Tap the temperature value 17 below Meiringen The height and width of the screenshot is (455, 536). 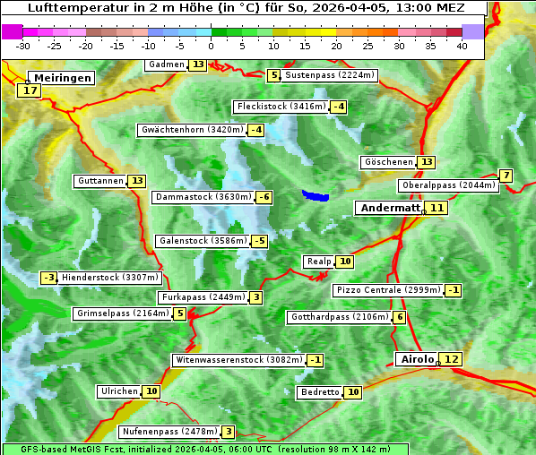[x=30, y=90]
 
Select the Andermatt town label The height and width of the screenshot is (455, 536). [x=389, y=208]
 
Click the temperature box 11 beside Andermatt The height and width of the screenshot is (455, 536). [x=437, y=208]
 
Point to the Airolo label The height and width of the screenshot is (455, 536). [x=417, y=359]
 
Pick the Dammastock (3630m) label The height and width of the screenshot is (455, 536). [x=202, y=197]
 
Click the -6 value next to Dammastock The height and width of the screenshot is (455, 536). [x=264, y=197]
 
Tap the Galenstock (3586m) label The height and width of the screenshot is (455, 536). [x=202, y=241]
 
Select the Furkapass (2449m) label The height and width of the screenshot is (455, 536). [x=203, y=297]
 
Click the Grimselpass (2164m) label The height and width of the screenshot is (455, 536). [x=122, y=313]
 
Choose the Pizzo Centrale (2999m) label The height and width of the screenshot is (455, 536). [x=388, y=290]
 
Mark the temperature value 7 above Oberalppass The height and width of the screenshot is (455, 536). [x=506, y=176]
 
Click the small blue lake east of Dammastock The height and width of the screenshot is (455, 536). [x=316, y=195]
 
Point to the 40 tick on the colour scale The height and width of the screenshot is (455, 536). [x=462, y=45]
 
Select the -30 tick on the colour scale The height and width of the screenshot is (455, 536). [x=23, y=45]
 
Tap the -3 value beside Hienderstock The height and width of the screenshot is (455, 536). [x=49, y=278]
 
